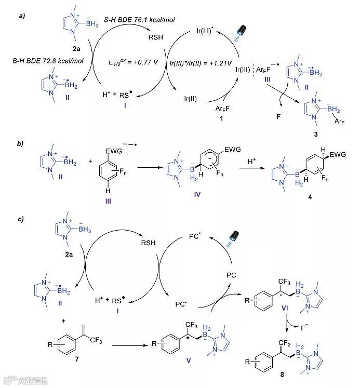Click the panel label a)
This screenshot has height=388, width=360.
click(22, 16)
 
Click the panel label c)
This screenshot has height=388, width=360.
click(22, 219)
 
